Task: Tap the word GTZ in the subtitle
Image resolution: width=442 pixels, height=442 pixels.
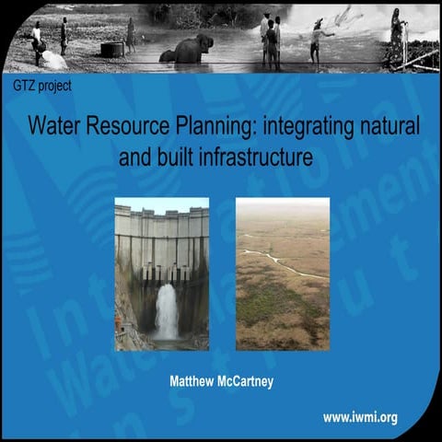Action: tap(26, 86)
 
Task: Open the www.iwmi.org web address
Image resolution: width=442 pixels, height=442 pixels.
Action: tap(360, 417)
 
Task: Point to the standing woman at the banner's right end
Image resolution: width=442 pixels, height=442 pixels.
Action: tap(397, 37)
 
